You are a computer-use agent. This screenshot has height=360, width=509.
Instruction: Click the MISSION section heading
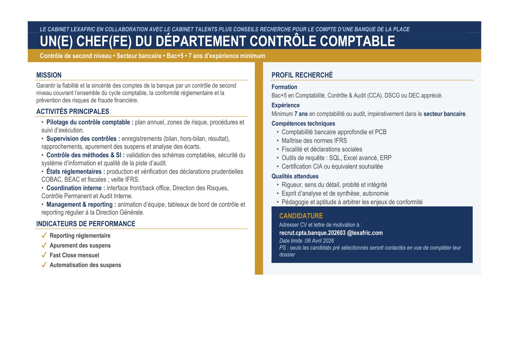click(x=49, y=75)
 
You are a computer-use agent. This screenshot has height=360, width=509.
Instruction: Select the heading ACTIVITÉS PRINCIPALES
click(x=73, y=111)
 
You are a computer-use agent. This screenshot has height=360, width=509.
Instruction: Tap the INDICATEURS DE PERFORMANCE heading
click(x=86, y=224)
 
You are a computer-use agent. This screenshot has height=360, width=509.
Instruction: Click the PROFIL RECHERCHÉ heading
click(x=302, y=75)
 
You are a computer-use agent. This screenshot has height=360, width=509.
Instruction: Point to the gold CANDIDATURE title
click(x=301, y=216)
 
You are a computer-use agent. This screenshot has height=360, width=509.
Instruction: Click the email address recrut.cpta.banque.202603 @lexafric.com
click(x=331, y=233)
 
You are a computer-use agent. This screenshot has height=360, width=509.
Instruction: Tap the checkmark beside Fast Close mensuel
click(x=44, y=255)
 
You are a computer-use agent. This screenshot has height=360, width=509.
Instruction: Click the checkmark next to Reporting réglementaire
click(x=44, y=235)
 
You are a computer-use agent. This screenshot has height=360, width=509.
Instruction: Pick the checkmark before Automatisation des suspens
click(x=44, y=265)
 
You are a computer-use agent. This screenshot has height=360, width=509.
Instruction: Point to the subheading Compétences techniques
click(x=303, y=123)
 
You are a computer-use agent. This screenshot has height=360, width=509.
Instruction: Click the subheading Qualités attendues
click(x=295, y=176)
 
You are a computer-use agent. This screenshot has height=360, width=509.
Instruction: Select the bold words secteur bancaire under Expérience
click(x=444, y=114)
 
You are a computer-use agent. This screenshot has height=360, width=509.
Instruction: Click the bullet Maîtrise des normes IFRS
click(x=314, y=141)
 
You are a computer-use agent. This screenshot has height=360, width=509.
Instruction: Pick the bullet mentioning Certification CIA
click(x=332, y=166)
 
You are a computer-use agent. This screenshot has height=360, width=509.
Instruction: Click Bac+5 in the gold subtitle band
click(x=175, y=56)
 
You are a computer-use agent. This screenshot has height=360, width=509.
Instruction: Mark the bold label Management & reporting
click(x=81, y=204)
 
